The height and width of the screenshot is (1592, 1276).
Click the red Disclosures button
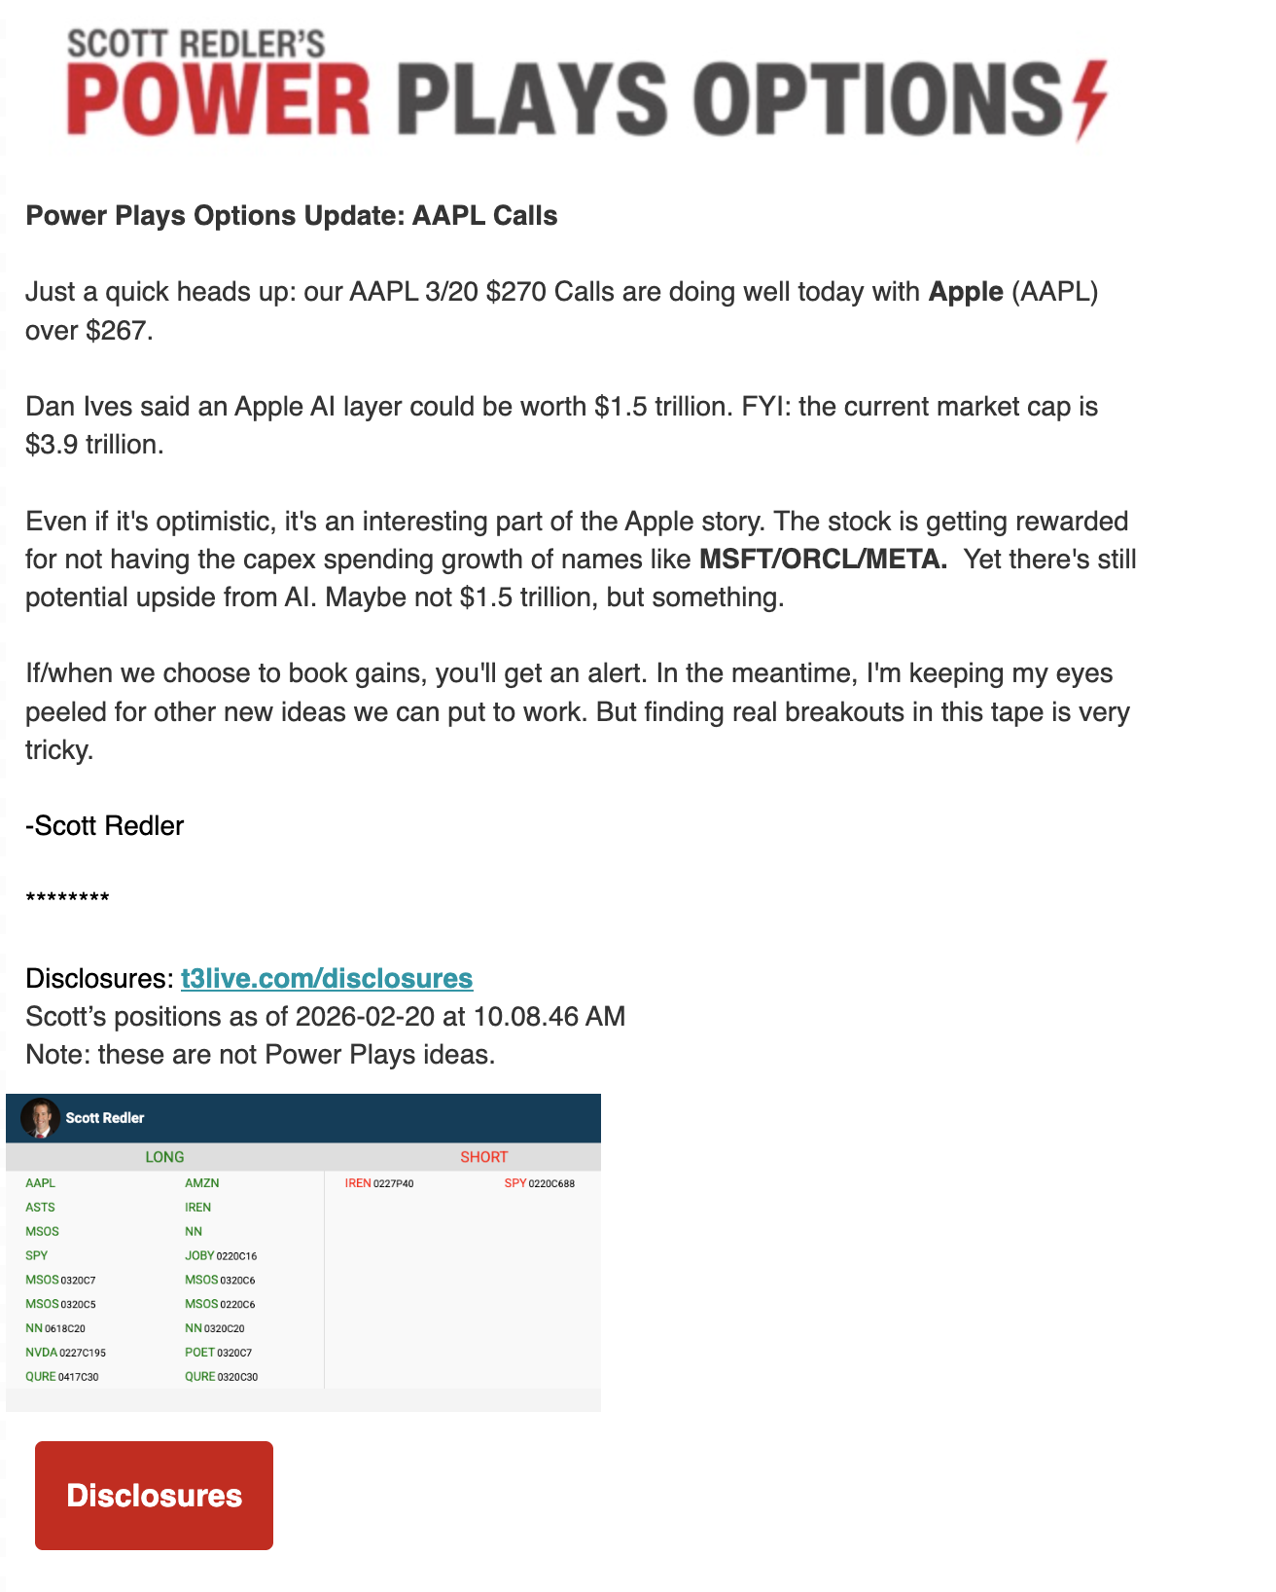[154, 1495]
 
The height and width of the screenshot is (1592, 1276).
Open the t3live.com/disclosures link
[327, 978]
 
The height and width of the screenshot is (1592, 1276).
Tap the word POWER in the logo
[220, 99]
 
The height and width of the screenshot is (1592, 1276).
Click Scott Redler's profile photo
[40, 1118]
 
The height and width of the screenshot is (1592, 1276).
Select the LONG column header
[164, 1157]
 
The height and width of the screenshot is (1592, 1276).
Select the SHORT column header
[483, 1157]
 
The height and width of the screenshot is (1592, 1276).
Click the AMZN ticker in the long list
[202, 1183]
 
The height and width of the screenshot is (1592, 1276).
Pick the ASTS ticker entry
[41, 1208]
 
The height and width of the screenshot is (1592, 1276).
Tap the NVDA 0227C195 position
[66, 1353]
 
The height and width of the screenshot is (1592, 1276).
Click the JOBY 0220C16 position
[221, 1256]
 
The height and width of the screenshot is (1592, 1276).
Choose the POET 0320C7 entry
[219, 1353]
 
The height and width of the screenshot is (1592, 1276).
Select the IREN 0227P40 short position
[379, 1183]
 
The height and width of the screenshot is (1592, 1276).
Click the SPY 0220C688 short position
[539, 1183]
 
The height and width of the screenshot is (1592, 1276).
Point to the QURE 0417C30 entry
[62, 1377]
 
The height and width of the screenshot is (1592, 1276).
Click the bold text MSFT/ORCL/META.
[823, 560]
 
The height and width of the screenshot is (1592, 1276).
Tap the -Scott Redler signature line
[105, 826]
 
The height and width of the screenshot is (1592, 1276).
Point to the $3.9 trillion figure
[94, 445]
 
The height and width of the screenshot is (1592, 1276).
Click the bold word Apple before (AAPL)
[966, 292]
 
